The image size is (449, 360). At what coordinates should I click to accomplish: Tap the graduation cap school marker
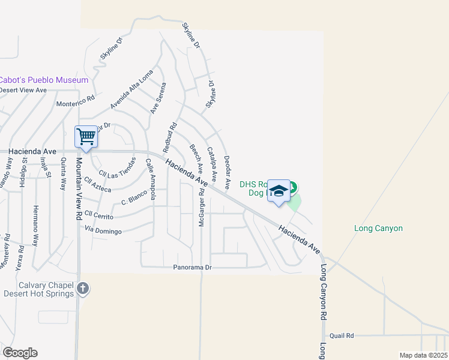tap(279, 191)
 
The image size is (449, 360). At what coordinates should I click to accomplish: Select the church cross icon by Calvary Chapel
tap(83, 289)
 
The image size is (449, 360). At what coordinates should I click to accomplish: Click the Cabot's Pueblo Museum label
tap(44, 80)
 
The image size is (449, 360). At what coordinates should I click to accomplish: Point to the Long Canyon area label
tap(378, 228)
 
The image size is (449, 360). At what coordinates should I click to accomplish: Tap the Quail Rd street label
tap(342, 336)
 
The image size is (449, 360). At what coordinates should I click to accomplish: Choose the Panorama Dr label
tap(193, 267)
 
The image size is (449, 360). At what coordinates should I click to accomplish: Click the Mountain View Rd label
tap(78, 186)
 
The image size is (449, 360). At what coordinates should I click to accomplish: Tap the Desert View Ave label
tap(23, 90)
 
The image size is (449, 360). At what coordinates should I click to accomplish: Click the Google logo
tap(20, 353)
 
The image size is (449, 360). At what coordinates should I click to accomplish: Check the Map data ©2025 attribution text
tap(423, 355)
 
